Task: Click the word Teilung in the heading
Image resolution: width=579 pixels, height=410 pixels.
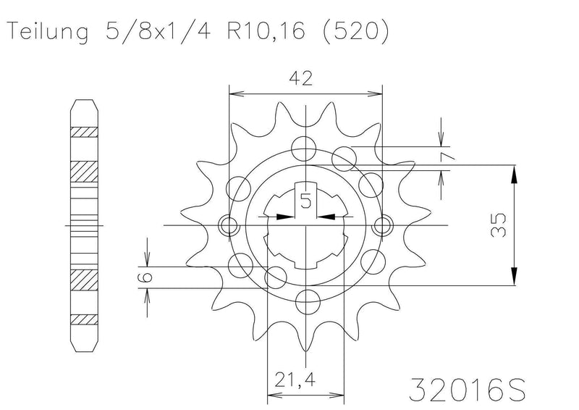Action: click(48, 32)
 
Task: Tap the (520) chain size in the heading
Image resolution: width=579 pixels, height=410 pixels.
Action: click(356, 31)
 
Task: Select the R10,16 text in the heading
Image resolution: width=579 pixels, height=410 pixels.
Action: click(266, 31)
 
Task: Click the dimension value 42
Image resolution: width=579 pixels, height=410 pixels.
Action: click(300, 78)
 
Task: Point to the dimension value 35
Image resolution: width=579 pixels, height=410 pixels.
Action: click(498, 225)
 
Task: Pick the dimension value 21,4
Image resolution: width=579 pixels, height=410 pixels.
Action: click(295, 380)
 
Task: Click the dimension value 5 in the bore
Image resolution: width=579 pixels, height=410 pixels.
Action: click(305, 201)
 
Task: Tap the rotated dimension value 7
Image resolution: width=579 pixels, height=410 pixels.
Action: click(447, 158)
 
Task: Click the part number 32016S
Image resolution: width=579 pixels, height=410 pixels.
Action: click(467, 389)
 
